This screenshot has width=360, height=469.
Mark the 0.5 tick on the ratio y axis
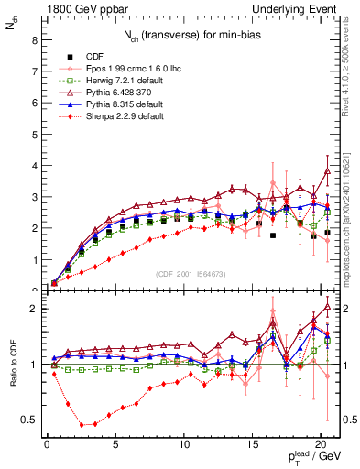pos(27,420)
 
